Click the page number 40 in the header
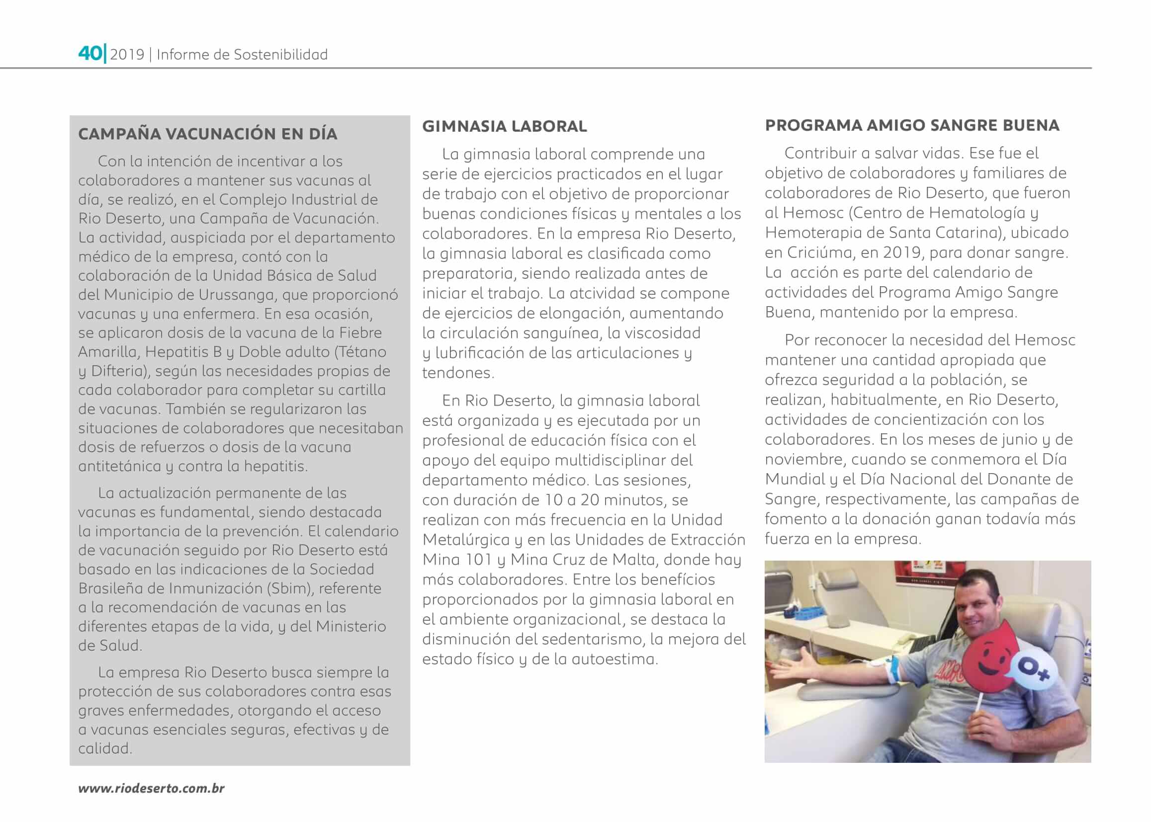pos(89,53)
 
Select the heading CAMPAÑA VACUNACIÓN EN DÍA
pos(208,134)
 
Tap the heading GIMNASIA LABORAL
pos(504,126)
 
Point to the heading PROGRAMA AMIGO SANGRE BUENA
pos(912,125)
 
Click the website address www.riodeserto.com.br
pos(151,788)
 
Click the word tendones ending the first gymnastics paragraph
pos(458,373)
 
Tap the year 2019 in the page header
pos(127,55)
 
